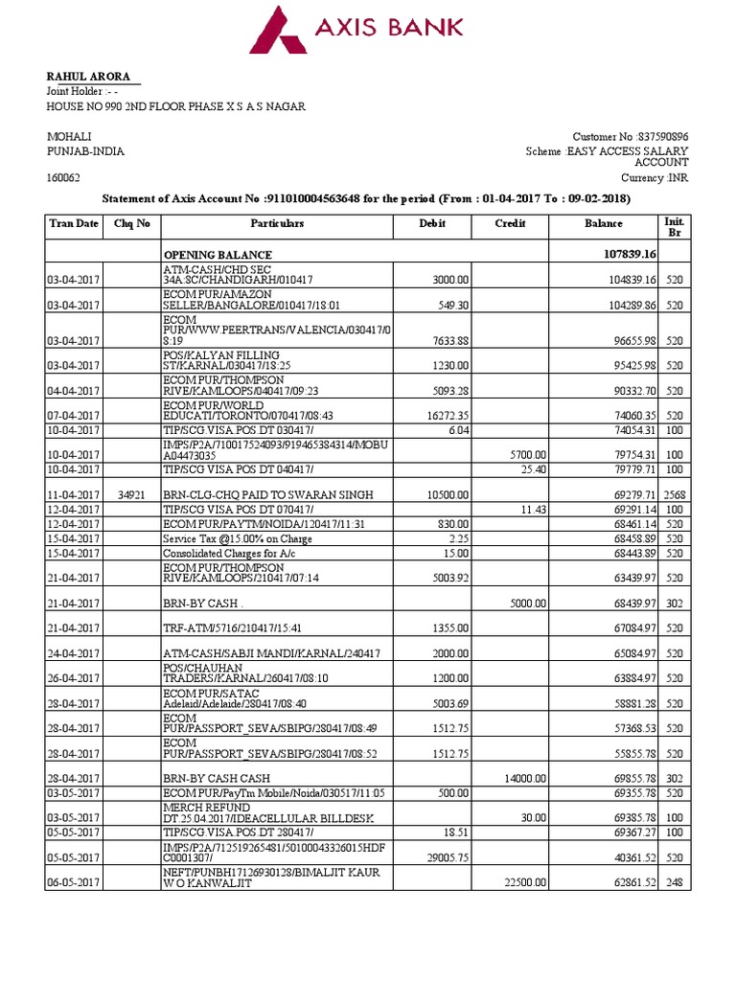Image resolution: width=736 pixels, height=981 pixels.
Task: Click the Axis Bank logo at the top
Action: pos(356,29)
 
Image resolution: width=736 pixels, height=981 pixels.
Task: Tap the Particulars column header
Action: pos(277,224)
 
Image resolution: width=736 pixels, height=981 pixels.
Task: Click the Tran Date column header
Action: pos(73,224)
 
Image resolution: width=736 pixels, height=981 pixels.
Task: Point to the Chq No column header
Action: pos(131,224)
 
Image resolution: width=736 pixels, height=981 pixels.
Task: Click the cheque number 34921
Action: pos(132,494)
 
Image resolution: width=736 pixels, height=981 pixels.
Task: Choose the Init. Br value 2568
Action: pos(675,494)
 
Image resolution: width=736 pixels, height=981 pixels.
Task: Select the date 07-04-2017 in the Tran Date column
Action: pos(73,416)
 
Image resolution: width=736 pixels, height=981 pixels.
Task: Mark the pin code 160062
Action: pos(64,178)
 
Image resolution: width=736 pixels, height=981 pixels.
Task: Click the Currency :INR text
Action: pos(655,178)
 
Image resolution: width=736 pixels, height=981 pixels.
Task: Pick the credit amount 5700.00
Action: pos(526,455)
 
